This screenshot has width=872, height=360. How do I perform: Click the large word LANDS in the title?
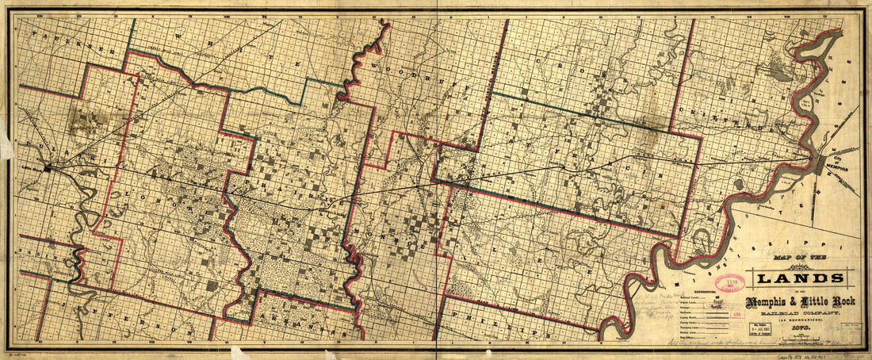tap(803, 278)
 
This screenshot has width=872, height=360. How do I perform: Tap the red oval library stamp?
tap(729, 284)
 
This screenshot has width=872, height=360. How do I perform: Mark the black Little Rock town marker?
tap(49, 167)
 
